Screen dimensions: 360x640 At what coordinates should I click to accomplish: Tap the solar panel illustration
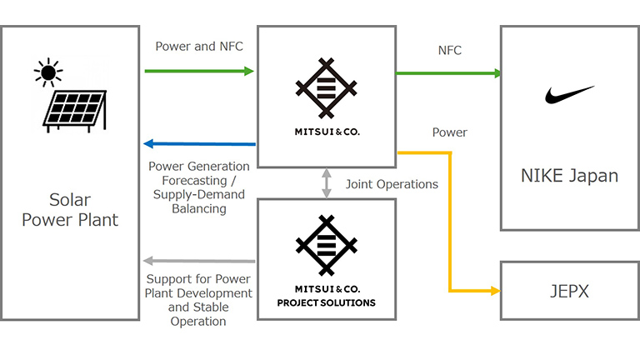[x=75, y=111]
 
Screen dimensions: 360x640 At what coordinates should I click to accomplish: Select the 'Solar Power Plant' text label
[x=70, y=211]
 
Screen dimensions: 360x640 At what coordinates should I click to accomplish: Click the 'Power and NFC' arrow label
[x=199, y=47]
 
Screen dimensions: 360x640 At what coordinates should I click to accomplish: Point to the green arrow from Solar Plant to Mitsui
[x=199, y=72]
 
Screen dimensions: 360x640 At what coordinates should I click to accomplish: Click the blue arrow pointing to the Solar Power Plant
[x=199, y=144]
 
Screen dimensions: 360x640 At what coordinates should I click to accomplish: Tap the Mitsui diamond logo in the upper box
[x=327, y=87]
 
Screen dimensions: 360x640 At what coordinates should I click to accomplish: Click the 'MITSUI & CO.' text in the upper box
[x=327, y=131]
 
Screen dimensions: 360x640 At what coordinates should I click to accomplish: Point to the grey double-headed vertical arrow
[x=327, y=182]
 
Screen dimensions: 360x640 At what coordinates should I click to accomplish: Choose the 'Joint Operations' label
[x=392, y=183]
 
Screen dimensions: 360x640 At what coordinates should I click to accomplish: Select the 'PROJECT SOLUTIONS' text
[x=327, y=302]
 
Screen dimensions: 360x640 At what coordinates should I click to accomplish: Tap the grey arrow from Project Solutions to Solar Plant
[x=199, y=262]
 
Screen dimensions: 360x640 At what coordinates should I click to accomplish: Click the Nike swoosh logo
[x=569, y=94]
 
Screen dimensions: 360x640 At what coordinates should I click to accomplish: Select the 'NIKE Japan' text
[x=569, y=176]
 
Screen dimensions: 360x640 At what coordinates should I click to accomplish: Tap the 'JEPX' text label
[x=569, y=291]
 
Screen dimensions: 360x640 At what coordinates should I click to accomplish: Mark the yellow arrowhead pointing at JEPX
[x=495, y=291]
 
